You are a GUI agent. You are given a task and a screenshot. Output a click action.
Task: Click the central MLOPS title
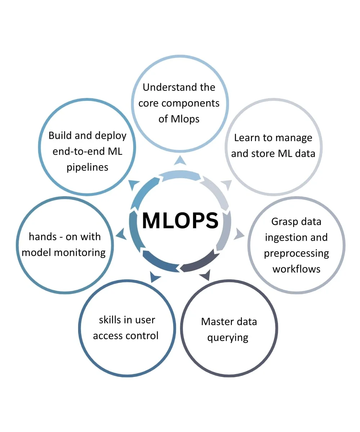[x=180, y=221]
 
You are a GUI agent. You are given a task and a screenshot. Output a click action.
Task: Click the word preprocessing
[x=296, y=253]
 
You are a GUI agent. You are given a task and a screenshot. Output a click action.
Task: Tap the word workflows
[x=296, y=269]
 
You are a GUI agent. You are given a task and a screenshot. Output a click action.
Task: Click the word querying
[x=228, y=338]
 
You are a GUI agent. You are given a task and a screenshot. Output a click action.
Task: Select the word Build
[x=60, y=135]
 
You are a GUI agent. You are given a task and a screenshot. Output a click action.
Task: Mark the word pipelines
[x=87, y=167]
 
